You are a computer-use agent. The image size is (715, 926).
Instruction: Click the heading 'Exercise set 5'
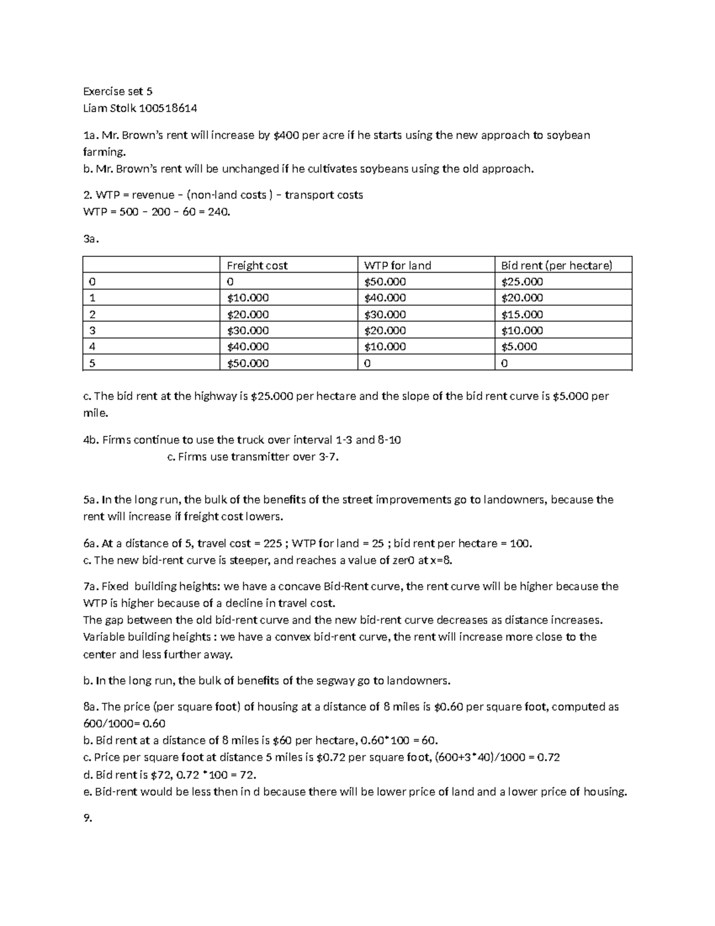117,91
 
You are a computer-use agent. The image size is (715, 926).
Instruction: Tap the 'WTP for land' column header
397,265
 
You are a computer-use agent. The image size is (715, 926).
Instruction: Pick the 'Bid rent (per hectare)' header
557,265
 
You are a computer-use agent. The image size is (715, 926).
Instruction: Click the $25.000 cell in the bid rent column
522,281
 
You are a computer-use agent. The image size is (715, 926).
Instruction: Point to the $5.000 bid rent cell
519,346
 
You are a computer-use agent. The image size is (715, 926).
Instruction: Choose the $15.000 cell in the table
522,314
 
